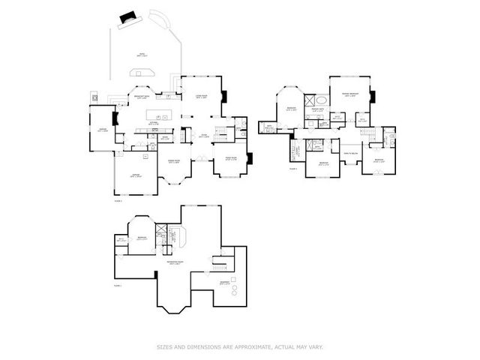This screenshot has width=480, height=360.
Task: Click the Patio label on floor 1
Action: tap(141, 54)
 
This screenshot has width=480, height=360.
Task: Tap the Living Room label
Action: tap(201, 97)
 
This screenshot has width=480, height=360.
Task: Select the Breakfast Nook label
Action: tap(141, 97)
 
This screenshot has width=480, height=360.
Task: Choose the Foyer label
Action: tap(203, 135)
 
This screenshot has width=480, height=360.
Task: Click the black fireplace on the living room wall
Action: tap(224, 96)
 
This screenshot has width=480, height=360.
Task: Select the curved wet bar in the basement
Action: tap(176, 237)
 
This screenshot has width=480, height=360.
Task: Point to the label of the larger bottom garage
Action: tap(136, 175)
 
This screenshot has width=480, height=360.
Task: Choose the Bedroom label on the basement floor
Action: tap(142, 238)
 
